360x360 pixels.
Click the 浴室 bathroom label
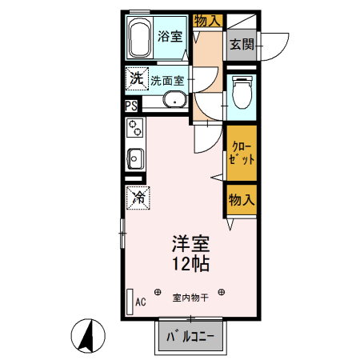(170, 36)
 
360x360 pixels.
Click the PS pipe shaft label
(130, 105)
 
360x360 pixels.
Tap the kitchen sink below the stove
(134, 158)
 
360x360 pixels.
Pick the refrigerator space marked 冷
(138, 195)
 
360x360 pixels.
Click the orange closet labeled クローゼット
(241, 153)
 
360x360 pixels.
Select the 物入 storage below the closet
(241, 199)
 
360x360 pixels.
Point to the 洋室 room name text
(190, 242)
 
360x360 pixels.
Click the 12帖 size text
(190, 262)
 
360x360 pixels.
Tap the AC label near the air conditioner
(141, 302)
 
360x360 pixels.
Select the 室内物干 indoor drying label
(190, 298)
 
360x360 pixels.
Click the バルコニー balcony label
(190, 337)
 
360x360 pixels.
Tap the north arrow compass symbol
(88, 334)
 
